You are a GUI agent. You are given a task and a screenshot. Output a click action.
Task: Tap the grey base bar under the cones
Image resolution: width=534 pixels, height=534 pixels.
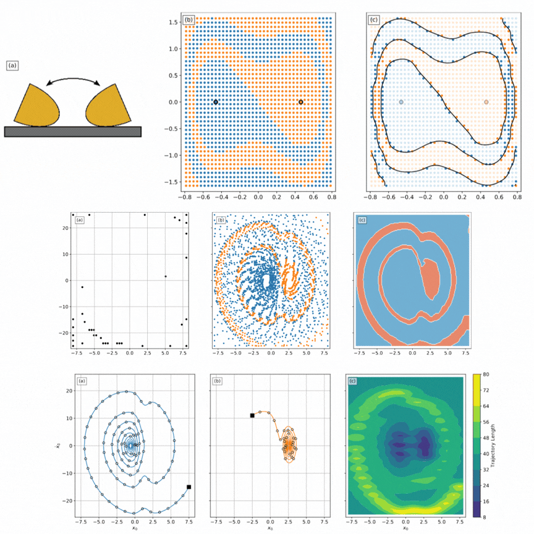(x=73, y=131)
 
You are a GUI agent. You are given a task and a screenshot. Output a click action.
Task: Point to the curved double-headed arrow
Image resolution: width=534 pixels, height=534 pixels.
(x=73, y=80)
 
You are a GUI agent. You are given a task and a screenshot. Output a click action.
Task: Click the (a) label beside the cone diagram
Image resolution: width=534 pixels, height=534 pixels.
(x=12, y=64)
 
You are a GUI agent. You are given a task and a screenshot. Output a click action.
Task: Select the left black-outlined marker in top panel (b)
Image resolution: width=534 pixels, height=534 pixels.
(x=216, y=102)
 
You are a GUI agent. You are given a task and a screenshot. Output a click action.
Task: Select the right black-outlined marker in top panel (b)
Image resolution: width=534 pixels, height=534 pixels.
(x=301, y=102)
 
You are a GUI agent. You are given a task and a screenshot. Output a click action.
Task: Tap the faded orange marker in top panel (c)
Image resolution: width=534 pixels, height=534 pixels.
(x=486, y=102)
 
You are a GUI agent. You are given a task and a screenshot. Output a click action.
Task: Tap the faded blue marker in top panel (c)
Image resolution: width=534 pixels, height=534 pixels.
(x=401, y=102)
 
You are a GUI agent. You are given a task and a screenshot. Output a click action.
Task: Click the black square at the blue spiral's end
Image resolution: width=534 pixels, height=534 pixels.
(x=189, y=487)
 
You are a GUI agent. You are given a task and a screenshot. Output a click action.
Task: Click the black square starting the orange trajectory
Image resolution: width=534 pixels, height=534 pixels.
(x=252, y=415)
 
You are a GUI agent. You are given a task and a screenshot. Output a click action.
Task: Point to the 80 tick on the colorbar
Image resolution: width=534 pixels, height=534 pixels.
(x=487, y=375)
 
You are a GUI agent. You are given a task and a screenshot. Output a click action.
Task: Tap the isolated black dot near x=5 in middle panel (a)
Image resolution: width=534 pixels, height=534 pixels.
(x=166, y=276)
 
